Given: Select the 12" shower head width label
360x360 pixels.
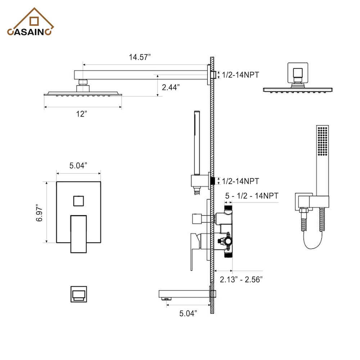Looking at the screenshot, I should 82,114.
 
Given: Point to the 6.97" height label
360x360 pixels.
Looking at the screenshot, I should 40,212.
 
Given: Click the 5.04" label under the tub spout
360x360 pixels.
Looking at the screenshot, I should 188,314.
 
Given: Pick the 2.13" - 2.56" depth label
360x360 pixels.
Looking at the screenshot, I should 241,279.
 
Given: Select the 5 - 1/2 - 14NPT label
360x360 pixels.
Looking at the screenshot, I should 252,196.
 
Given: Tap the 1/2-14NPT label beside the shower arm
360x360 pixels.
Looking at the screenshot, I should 240,75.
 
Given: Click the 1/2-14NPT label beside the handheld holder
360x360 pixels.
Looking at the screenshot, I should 240,181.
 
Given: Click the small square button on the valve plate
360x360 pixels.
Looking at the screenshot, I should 78,201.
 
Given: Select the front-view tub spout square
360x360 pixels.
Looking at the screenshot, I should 78,294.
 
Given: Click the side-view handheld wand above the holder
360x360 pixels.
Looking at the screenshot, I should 198,140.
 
